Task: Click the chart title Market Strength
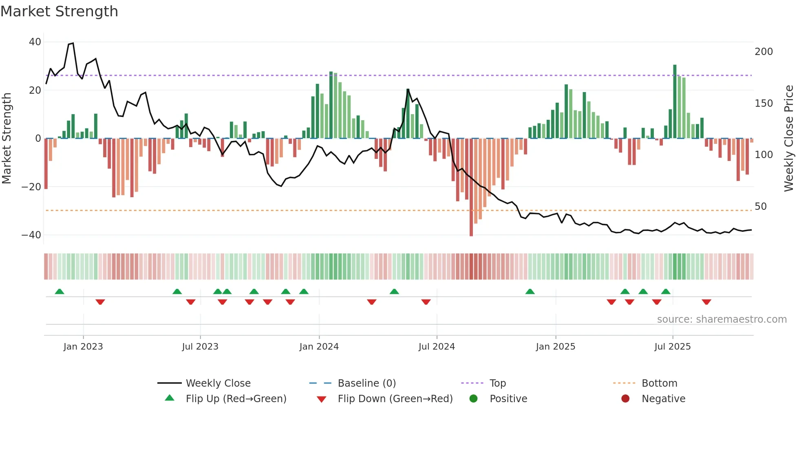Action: (59, 11)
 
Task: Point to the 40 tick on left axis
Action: (35, 42)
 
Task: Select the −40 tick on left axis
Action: (31, 235)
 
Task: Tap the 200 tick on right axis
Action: (764, 52)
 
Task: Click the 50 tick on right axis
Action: (760, 207)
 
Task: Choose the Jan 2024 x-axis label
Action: (319, 347)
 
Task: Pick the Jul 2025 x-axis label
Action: (672, 347)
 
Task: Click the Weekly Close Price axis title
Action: (789, 139)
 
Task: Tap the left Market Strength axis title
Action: (7, 139)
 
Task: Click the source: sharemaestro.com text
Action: (722, 319)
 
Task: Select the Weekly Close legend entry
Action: (218, 383)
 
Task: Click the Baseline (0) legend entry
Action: (366, 383)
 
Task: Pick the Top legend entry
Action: (497, 383)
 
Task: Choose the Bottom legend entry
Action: (659, 383)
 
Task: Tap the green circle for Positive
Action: (473, 398)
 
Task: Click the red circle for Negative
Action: (625, 398)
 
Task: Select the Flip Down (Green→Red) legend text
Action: (395, 399)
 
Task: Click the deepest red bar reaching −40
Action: (471, 187)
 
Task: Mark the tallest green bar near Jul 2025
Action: (675, 102)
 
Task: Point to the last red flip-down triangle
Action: (706, 302)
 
